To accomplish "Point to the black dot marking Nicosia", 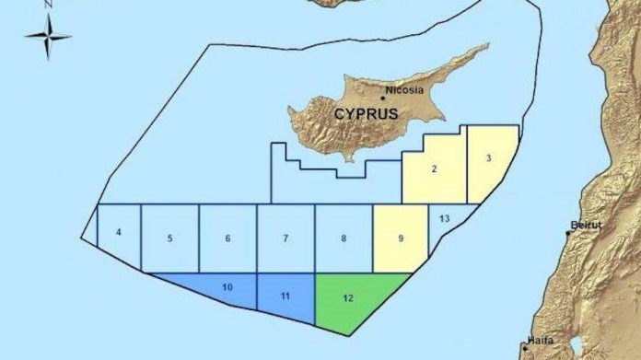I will click(x=383, y=98).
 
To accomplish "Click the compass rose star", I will click(x=48, y=38).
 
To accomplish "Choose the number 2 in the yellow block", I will click(x=434, y=168).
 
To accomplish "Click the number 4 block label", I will click(x=119, y=231).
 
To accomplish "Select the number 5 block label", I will click(x=170, y=238).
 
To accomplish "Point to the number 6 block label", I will click(x=227, y=238).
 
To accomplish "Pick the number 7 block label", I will click(x=286, y=238).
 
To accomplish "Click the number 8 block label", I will click(x=344, y=238).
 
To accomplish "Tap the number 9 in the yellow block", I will click(x=401, y=238).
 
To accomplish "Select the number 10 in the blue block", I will click(x=227, y=288).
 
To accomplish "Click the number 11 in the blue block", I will click(x=286, y=296).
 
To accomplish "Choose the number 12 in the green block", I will click(x=347, y=296).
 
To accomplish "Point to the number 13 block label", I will click(x=445, y=218).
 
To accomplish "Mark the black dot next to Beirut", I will click(x=567, y=232).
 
